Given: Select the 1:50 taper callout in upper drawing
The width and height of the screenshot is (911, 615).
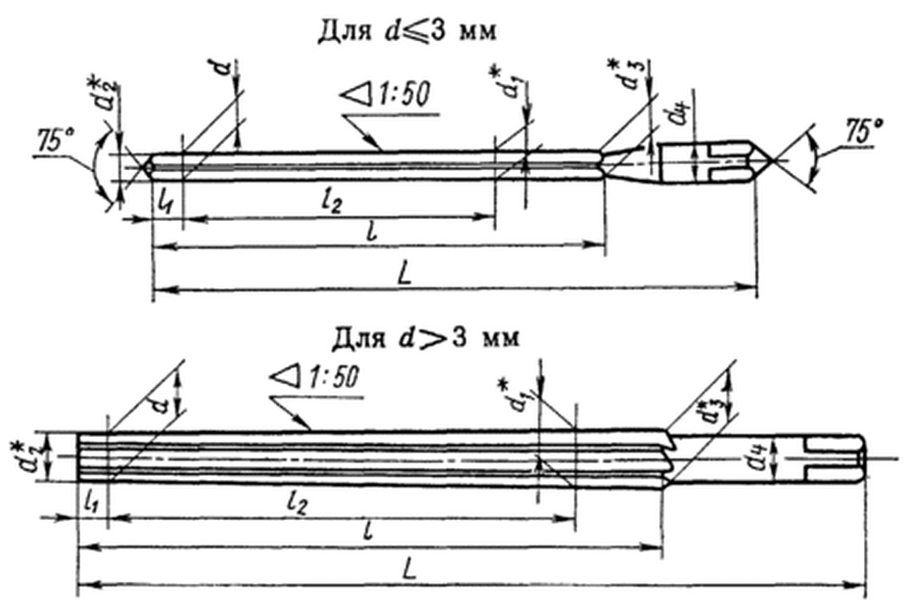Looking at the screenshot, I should pyautogui.click(x=384, y=96).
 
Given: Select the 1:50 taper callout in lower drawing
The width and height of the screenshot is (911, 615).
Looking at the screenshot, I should pyautogui.click(x=315, y=375).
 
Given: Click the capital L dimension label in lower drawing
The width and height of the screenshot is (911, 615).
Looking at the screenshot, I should pyautogui.click(x=411, y=571).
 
